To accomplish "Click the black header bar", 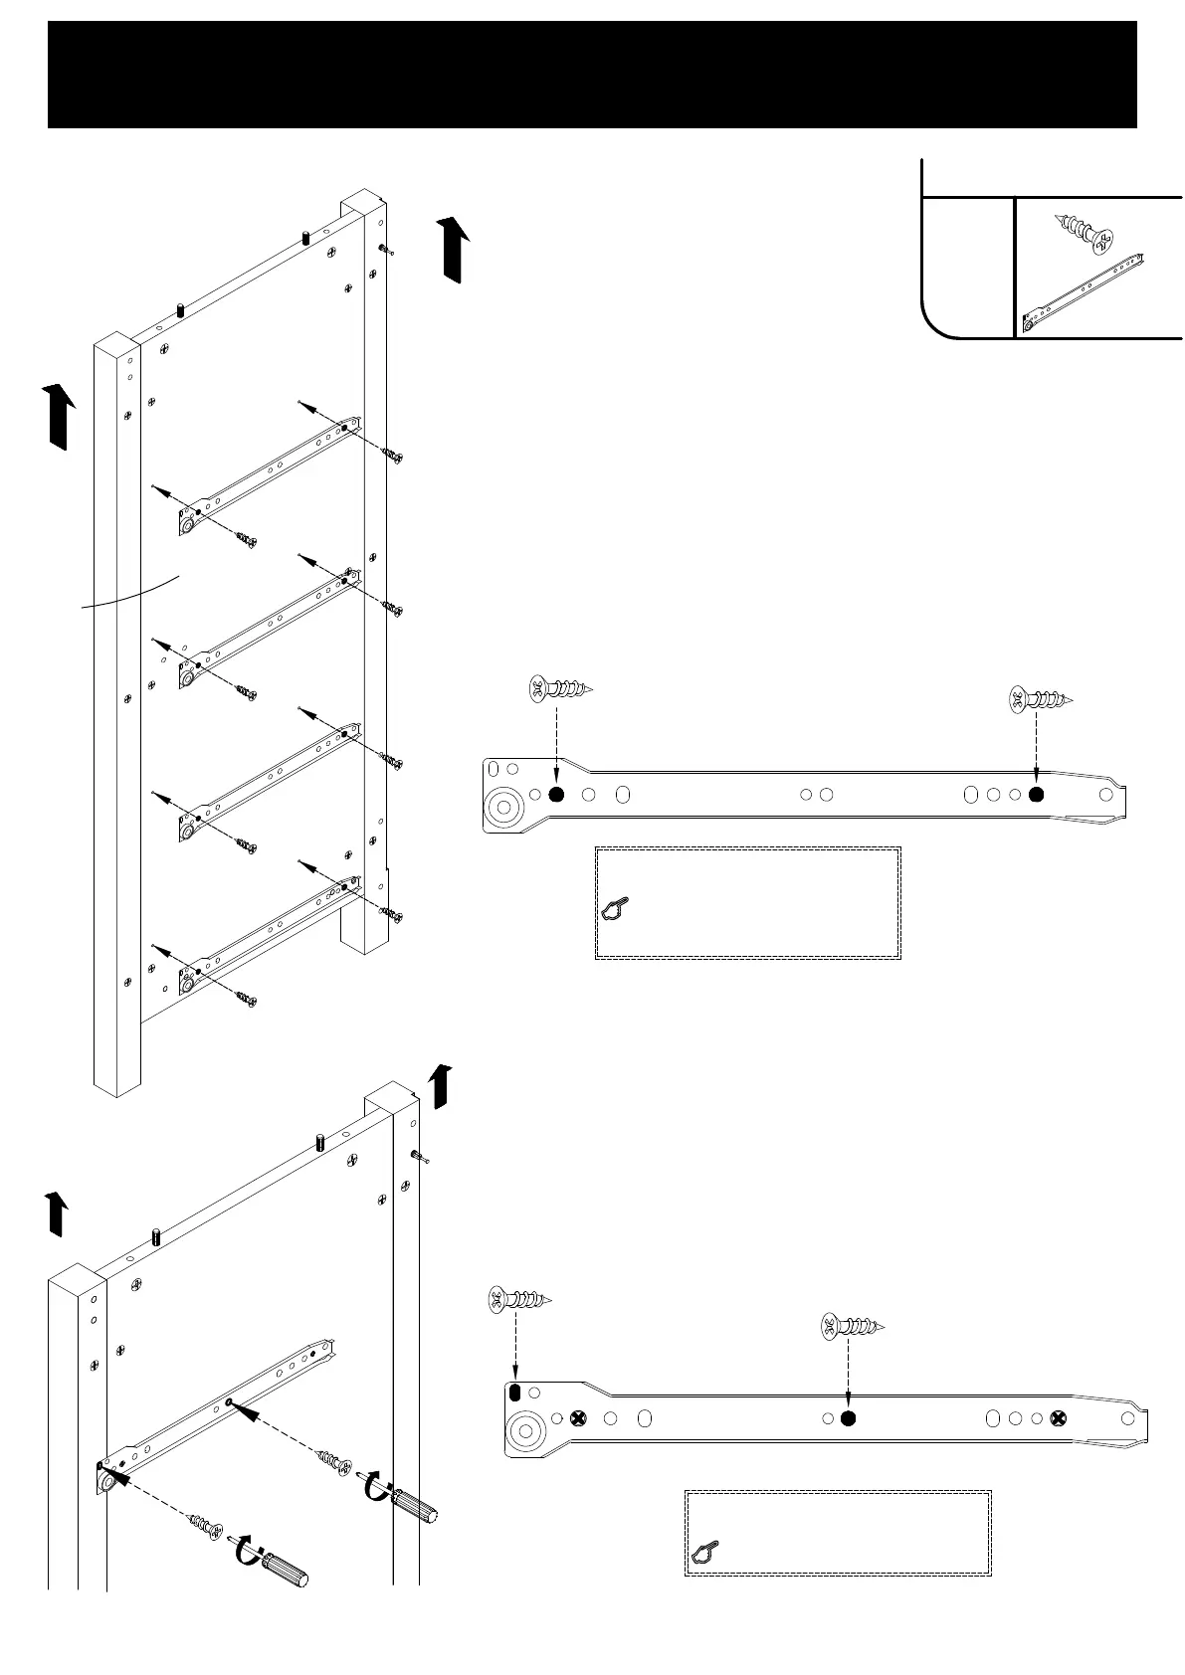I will point(592,75).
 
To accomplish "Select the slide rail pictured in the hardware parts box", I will point(1085,293).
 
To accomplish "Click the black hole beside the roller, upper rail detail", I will point(556,794).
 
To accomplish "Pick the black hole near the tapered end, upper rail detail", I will point(1037,794).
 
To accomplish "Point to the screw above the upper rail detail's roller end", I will point(559,688).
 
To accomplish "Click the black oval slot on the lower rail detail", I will point(514,1393).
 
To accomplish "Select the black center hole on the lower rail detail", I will point(848,1418).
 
